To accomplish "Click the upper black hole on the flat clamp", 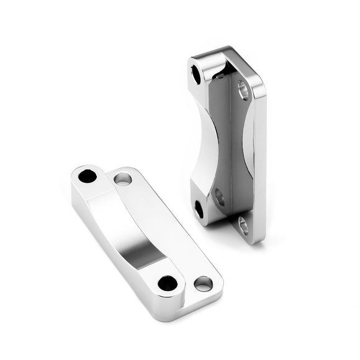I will coord(88,176).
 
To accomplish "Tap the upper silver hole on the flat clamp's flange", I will coord(123,179).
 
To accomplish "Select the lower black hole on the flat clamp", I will coord(168,284).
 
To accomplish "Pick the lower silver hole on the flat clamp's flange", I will coord(203,284).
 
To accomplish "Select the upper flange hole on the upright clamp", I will coord(243,91).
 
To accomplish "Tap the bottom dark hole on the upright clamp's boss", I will coord(199,209).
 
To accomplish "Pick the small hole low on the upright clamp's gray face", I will coord(219,197).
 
